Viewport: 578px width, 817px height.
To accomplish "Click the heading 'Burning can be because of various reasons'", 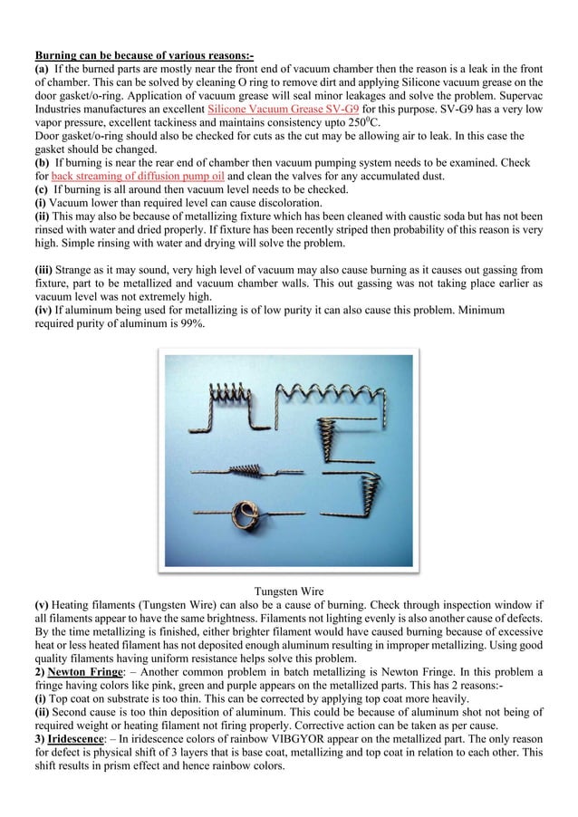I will pos(143,56).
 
